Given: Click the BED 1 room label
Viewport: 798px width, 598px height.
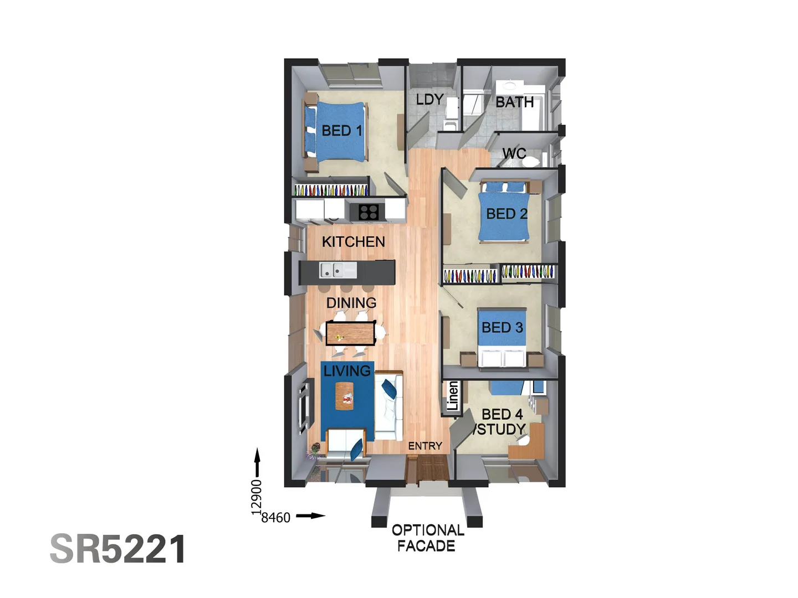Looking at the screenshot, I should pos(341,131).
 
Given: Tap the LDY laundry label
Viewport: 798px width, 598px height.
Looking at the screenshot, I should pos(429,100).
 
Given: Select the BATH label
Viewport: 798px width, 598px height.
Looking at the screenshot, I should pos(514,102).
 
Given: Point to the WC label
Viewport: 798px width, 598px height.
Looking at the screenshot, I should pos(514,153).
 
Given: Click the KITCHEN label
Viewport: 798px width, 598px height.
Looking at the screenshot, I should pos(353,242).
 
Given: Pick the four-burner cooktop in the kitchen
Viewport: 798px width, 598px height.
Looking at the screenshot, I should pos(369,212).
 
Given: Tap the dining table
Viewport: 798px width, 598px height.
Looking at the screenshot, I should pos(350,333).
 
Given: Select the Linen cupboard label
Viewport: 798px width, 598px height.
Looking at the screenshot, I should pos(453,396).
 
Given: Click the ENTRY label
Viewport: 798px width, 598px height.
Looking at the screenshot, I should pos(425,446).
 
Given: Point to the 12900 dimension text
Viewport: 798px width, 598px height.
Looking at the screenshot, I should pos(256,497).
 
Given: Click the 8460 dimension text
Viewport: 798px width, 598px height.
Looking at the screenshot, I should pos(275,518).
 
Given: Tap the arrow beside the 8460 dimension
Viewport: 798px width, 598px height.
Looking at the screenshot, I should pos(310,516).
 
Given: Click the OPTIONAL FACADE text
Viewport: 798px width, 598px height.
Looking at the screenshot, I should pos(427,538).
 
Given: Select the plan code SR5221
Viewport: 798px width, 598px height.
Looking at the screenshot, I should pos(118,549).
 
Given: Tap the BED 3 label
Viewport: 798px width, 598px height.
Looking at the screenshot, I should pos(502,328).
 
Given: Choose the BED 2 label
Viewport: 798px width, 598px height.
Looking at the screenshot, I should pos(507,214).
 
